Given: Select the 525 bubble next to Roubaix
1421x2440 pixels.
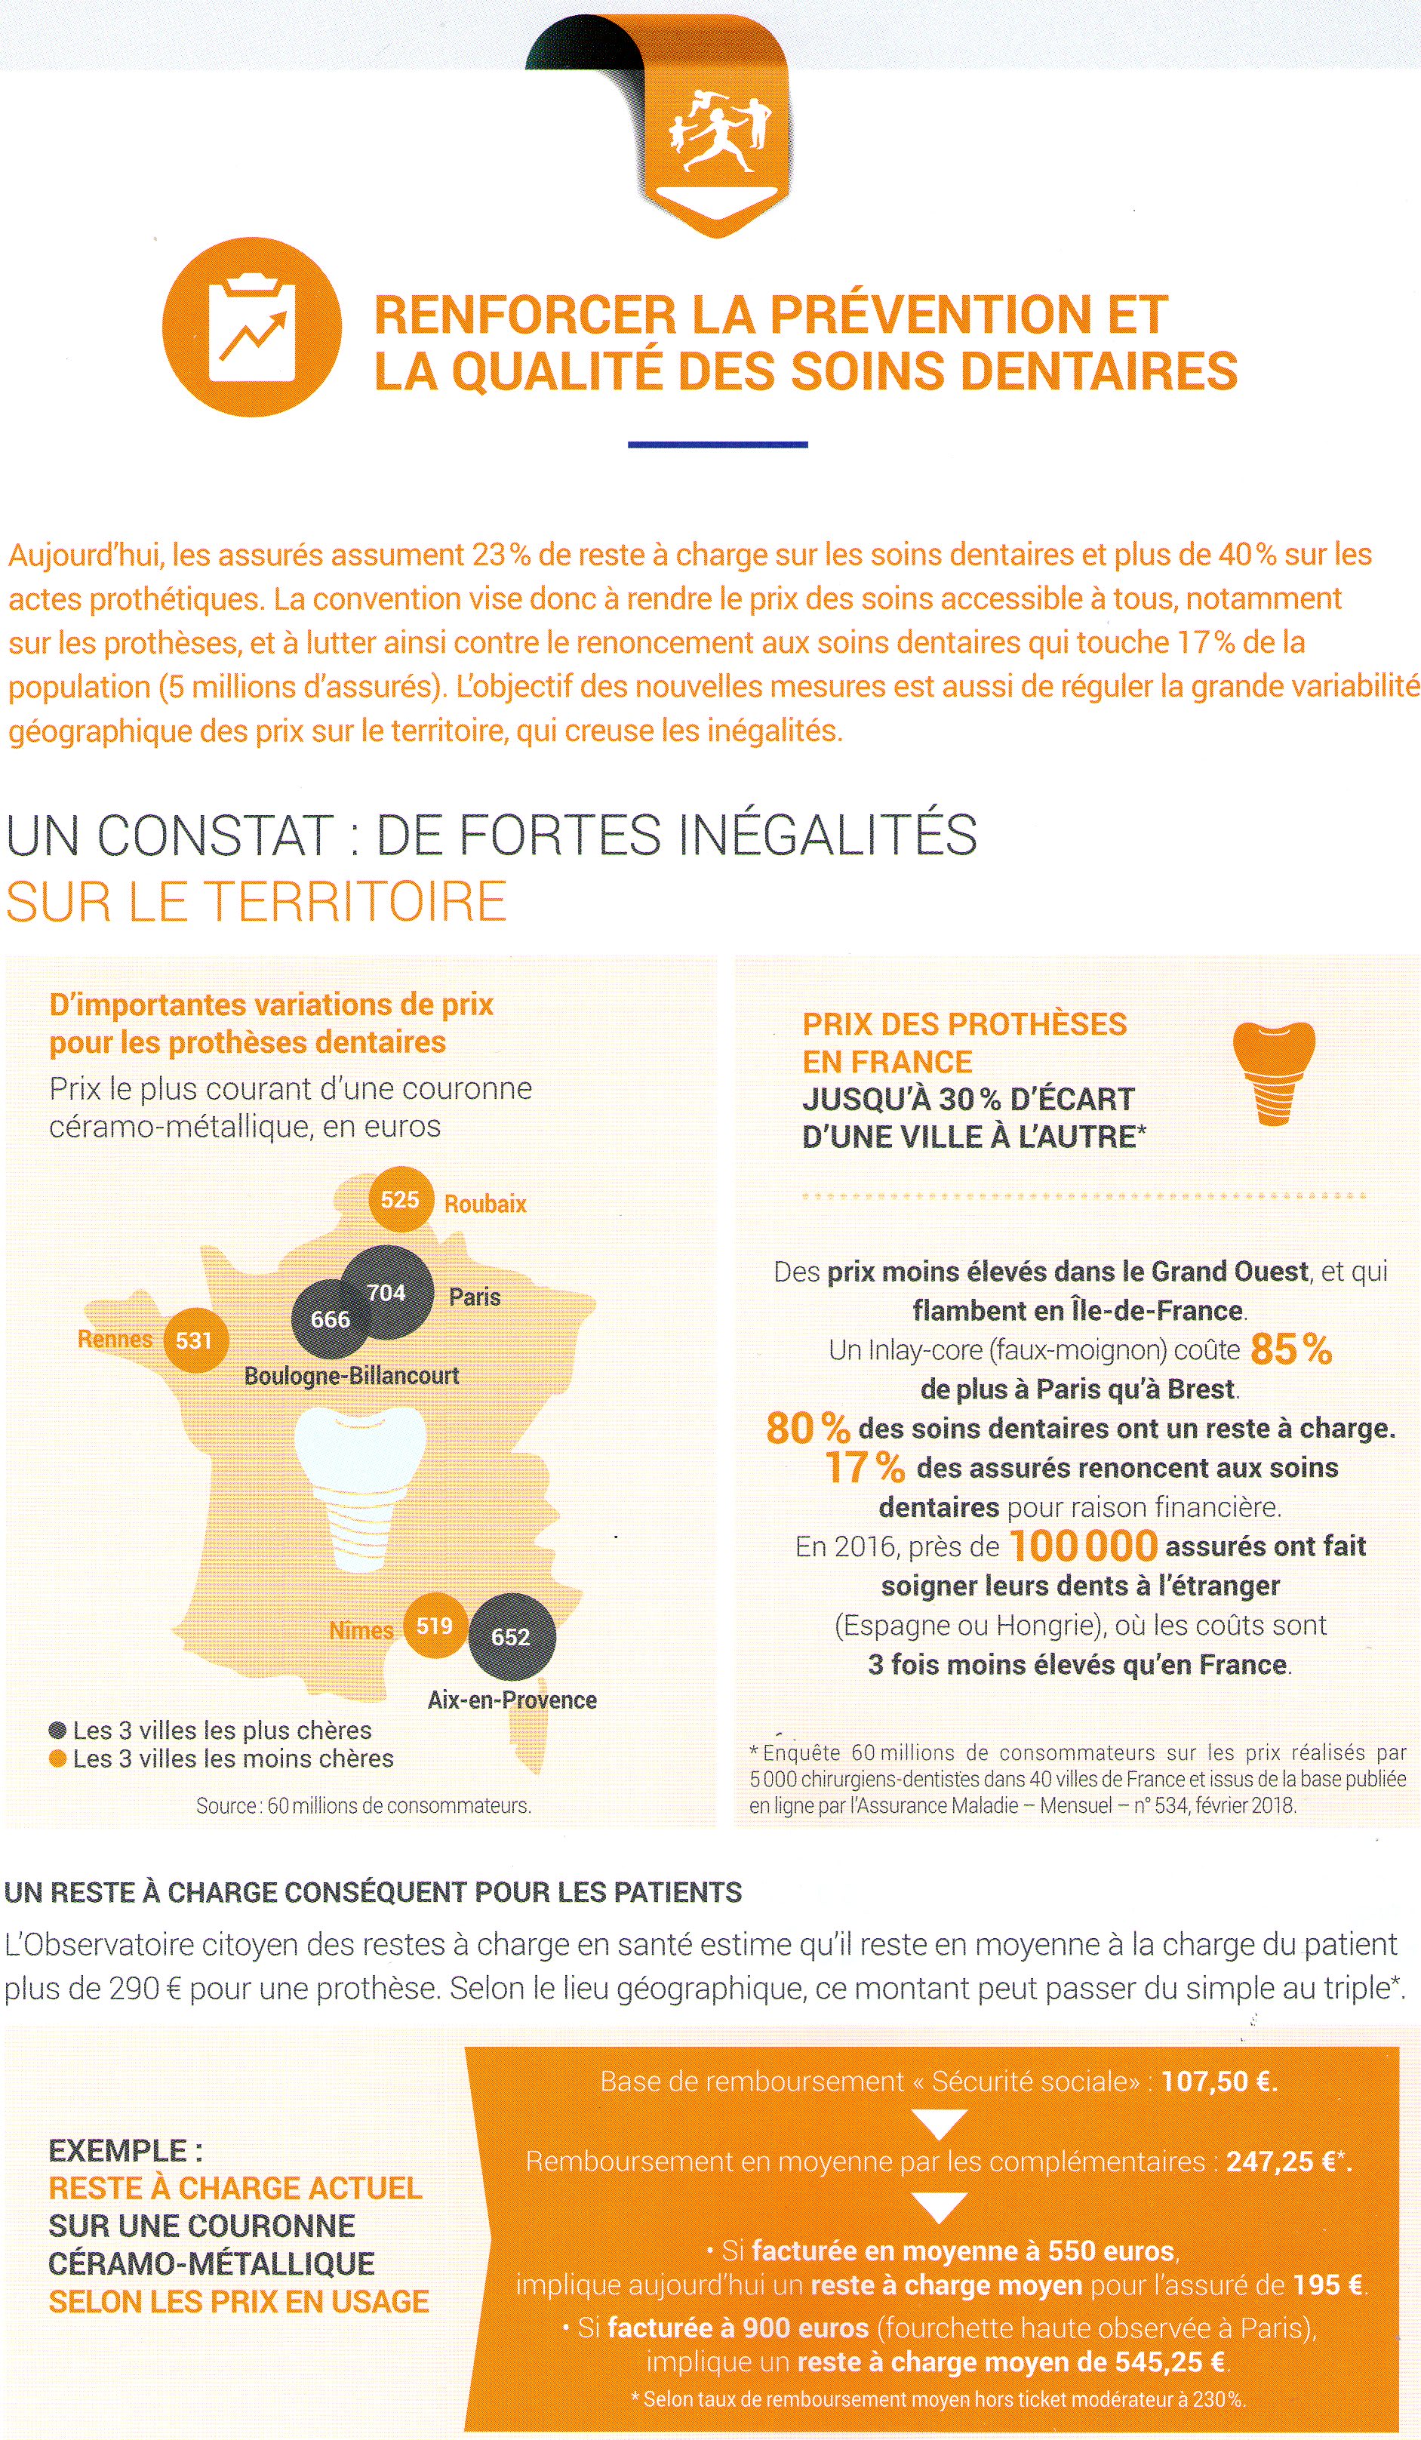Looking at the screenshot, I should coord(400,1201).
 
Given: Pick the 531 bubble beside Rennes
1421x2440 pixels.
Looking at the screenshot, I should coord(194,1341).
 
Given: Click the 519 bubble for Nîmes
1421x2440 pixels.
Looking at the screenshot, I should coord(435,1626).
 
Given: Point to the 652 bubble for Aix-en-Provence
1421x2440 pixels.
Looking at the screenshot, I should coord(511,1637).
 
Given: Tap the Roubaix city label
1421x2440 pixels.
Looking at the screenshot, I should coord(485,1205).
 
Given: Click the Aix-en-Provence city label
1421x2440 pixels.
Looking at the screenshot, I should coord(512,1700).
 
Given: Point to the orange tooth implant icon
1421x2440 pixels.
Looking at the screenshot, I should coord(1274,1072).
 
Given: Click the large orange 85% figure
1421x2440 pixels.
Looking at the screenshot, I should coord(1290,1349).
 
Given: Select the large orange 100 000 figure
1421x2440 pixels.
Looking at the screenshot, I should coord(1082,1546).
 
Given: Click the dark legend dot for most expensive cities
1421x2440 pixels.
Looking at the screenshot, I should coord(58,1731).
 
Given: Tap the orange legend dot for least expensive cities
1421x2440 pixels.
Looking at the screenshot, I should coord(58,1758).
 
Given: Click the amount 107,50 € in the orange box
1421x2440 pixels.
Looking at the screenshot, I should coord(1219,2082).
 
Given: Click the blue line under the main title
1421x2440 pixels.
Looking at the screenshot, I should coord(717,445).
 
